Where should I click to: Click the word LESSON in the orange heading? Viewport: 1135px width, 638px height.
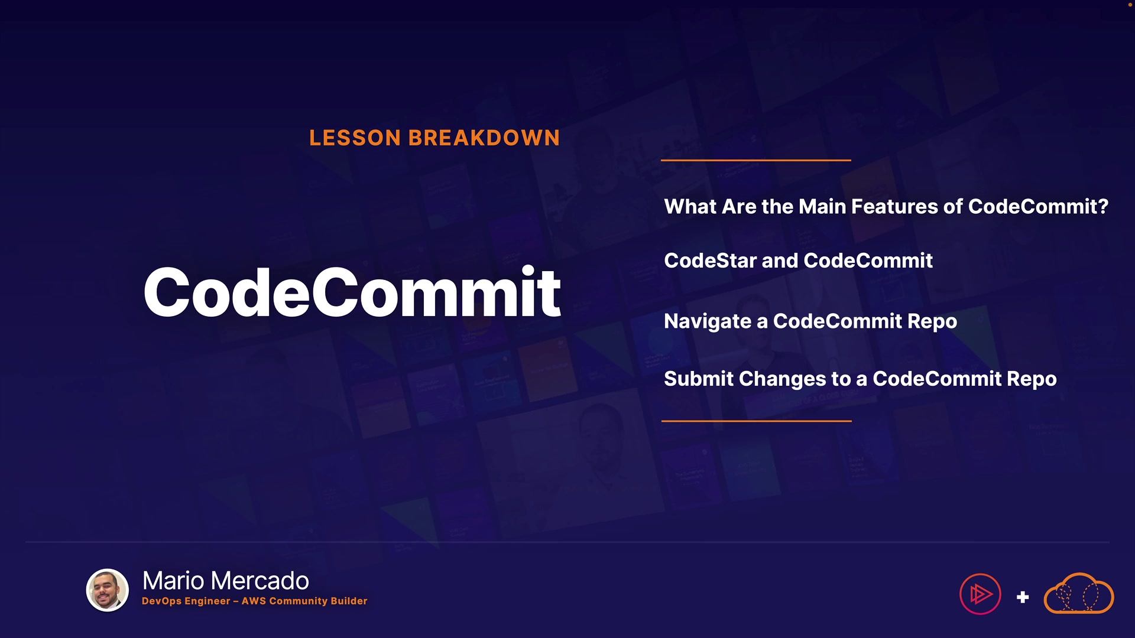355,138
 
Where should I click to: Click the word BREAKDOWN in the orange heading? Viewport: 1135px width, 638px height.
484,138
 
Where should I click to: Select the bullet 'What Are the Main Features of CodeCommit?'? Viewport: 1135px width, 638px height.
886,207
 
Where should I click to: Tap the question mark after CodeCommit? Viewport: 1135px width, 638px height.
1103,207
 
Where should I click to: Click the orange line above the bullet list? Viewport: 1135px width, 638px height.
756,160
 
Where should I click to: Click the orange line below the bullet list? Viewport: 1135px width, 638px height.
757,421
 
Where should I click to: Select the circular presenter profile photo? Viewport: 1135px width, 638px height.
108,590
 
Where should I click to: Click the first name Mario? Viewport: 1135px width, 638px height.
174,581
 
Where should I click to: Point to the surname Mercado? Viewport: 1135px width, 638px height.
260,581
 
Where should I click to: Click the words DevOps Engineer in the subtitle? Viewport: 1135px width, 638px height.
186,601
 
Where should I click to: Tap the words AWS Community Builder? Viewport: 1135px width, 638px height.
304,601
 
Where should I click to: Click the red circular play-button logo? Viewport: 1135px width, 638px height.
980,594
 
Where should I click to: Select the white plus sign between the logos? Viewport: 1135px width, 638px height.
1023,597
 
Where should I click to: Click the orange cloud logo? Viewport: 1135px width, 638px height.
1079,594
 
